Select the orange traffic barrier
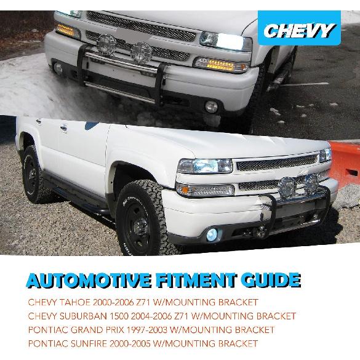click(x=345, y=166)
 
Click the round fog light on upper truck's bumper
click(x=211, y=106)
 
